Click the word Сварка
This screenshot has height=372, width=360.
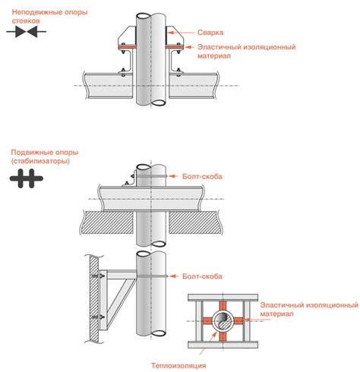(210, 33)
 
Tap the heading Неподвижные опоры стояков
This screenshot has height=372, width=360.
(49, 17)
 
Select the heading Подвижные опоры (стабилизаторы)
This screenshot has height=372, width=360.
(45, 156)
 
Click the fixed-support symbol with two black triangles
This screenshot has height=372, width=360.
(27, 32)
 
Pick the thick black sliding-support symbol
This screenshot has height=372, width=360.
(27, 178)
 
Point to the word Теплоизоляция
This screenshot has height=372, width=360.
(178, 365)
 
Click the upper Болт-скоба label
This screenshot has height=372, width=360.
(202, 176)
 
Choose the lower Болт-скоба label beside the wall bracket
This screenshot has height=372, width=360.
(202, 276)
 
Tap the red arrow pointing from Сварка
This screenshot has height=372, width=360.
(180, 33)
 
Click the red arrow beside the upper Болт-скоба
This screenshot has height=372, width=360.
(174, 176)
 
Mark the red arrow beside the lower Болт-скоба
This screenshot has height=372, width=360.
(174, 276)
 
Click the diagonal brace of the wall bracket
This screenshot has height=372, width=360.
(122, 298)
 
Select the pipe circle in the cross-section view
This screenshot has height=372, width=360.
(223, 321)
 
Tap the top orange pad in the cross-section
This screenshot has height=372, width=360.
(223, 306)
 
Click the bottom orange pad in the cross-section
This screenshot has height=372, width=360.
(223, 336)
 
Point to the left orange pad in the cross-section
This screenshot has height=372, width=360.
(207, 321)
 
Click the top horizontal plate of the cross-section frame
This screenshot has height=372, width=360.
(223, 298)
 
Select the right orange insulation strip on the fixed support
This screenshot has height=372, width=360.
(174, 47)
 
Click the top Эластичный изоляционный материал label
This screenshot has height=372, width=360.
(246, 51)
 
